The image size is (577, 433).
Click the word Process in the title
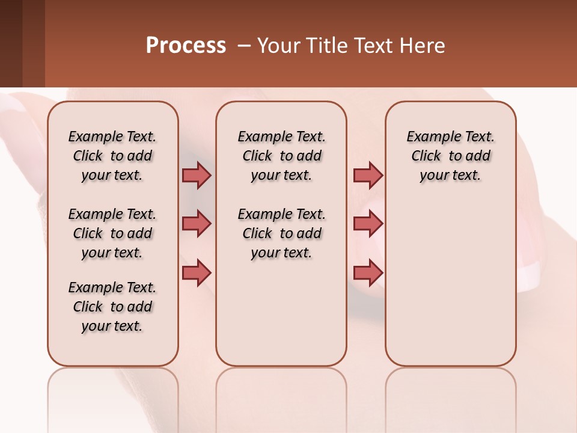click(x=186, y=46)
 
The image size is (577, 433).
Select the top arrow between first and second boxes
click(x=197, y=175)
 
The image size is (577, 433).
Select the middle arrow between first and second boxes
click(x=197, y=224)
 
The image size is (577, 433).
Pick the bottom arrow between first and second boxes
click(x=197, y=272)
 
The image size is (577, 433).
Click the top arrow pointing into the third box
click(x=368, y=175)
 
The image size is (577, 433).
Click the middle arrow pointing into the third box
click(x=368, y=224)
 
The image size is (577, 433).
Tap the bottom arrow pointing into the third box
click(x=368, y=272)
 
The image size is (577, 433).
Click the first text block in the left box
click(x=112, y=156)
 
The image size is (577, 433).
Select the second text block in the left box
click(x=112, y=233)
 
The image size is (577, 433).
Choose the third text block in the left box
click(x=112, y=307)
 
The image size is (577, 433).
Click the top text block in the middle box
click(x=281, y=156)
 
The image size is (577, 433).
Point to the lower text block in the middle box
click(x=281, y=233)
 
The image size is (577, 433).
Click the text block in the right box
click(x=451, y=156)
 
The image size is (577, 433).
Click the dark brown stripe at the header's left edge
click(x=11, y=43)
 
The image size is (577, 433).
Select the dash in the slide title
click(x=244, y=46)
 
